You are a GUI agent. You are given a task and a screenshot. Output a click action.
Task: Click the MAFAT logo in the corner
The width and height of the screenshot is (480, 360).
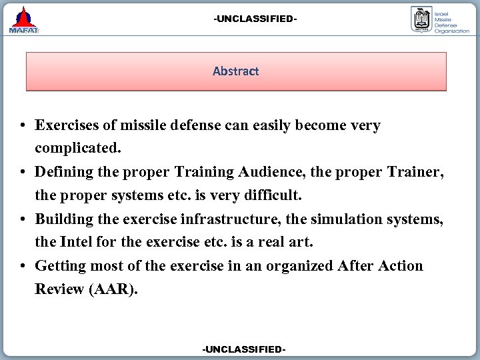coord(24,20)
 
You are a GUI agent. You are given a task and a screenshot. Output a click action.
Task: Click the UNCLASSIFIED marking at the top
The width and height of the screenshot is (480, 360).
coord(255,19)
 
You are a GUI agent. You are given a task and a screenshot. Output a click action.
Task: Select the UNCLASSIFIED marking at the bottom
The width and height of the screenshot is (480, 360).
coord(244,349)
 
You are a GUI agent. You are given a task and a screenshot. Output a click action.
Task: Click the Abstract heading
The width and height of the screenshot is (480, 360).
coord(235,71)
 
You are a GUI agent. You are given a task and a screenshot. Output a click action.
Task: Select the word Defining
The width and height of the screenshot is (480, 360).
coord(64,172)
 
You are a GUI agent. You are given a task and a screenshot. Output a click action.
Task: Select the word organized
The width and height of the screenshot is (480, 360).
coord(299,266)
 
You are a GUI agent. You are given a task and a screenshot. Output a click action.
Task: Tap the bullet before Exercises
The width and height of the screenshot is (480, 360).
coord(23,126)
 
